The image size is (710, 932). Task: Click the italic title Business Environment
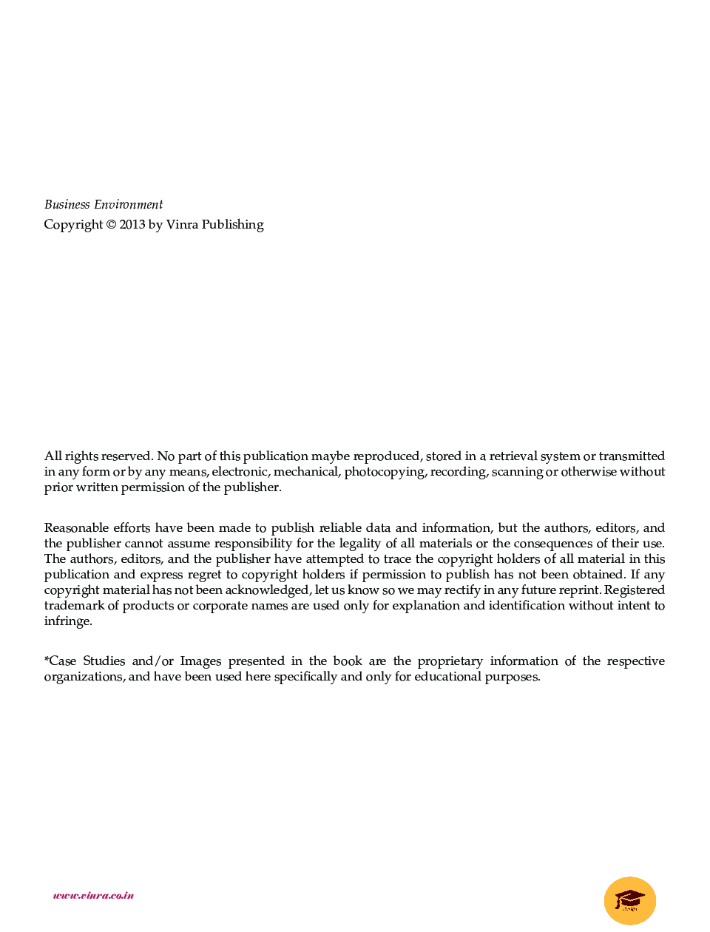click(x=104, y=205)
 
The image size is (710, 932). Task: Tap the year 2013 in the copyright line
click(x=132, y=225)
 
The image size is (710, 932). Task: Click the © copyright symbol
click(x=111, y=225)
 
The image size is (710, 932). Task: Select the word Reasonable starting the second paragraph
click(x=75, y=528)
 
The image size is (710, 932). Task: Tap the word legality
click(x=359, y=544)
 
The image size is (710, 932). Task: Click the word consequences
click(x=553, y=544)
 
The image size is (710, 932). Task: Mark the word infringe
click(x=67, y=621)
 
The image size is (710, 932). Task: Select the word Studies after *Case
click(x=104, y=661)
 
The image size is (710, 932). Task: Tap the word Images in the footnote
click(x=200, y=661)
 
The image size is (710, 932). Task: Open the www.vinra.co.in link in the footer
click(x=93, y=896)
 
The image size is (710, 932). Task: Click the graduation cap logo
click(x=630, y=900)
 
